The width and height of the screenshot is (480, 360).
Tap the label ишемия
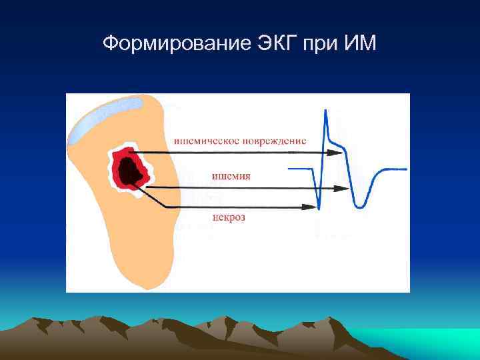231,176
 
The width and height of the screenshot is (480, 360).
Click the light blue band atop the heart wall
107,117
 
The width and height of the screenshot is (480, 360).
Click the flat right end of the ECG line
397,168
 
